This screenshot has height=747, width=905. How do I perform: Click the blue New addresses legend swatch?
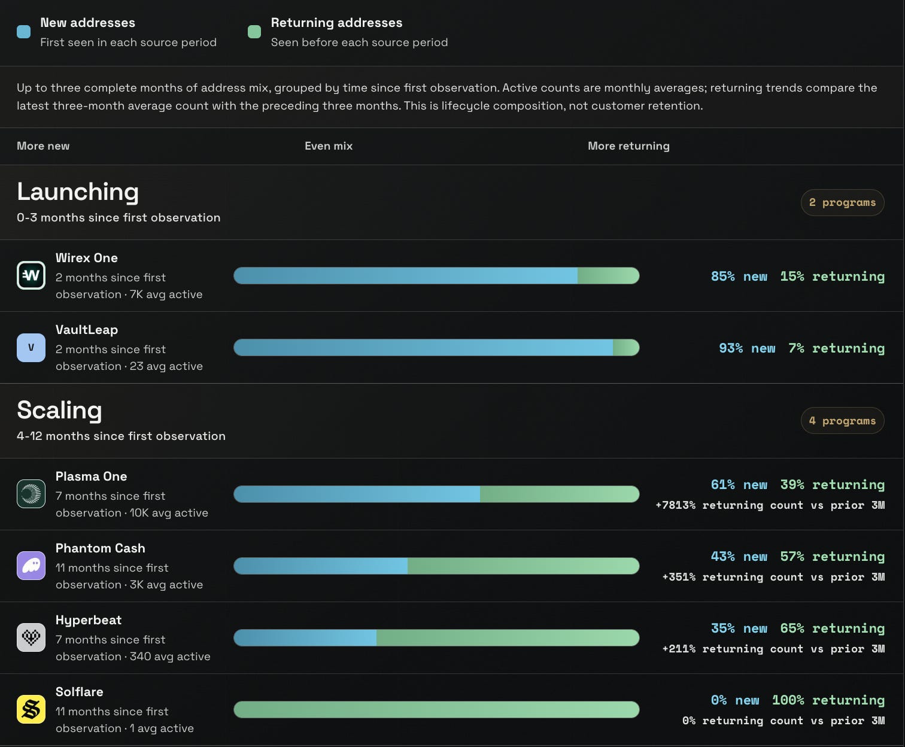[x=23, y=32]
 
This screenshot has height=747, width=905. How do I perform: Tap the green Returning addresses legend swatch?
[x=254, y=32]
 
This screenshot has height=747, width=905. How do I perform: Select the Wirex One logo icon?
[x=31, y=275]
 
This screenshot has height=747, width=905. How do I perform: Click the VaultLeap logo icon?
[x=31, y=347]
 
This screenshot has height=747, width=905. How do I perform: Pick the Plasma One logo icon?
[x=31, y=494]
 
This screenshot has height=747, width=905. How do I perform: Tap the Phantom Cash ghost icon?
[x=31, y=566]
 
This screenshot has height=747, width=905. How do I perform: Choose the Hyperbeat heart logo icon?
[x=31, y=637]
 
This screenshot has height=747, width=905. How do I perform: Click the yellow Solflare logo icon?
[x=31, y=709]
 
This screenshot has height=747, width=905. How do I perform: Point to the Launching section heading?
[x=78, y=192]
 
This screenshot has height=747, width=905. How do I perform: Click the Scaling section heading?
[x=59, y=410]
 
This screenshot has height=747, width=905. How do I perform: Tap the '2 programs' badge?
[x=842, y=202]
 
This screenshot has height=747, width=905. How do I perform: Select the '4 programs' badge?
[x=842, y=421]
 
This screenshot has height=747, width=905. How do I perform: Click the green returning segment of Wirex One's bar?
[x=609, y=276]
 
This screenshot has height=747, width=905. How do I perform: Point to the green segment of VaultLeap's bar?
[x=626, y=348]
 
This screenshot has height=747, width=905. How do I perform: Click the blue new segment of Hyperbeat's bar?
[x=305, y=637]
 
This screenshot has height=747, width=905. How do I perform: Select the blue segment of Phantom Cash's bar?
[x=320, y=566]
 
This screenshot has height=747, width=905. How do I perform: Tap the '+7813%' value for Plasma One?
[x=675, y=505]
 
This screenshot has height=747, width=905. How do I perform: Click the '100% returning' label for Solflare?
[x=828, y=700]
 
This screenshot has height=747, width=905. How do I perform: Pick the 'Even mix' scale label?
[x=329, y=146]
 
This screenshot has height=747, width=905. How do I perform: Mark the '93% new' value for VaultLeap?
[x=747, y=348]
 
